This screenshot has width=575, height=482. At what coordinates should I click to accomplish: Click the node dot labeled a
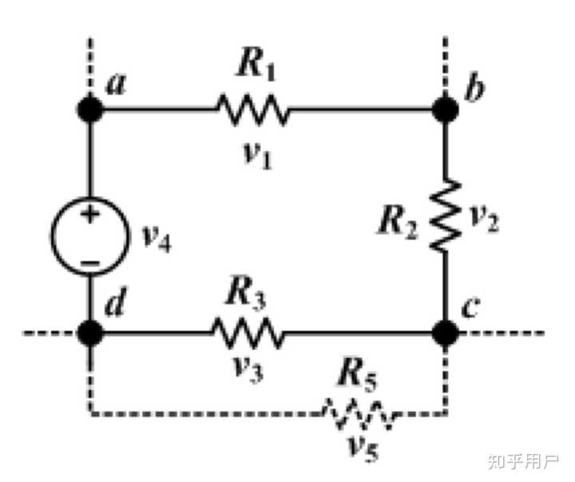pos(90,109)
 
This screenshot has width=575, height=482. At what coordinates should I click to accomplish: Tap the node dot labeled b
pos(445,109)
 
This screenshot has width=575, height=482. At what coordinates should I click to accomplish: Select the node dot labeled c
pos(445,333)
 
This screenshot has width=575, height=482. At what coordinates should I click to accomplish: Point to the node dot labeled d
pos(90,333)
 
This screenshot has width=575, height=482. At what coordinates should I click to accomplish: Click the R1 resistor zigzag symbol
pos(252,110)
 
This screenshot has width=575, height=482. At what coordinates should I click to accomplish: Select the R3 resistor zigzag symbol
pos(247,333)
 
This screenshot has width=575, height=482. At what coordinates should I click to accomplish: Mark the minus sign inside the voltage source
pos(90,263)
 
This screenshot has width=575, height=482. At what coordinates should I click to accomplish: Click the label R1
pos(256,66)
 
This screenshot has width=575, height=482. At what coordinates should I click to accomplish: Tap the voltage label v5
pos(363,448)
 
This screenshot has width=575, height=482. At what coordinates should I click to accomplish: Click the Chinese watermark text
pos(522,461)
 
